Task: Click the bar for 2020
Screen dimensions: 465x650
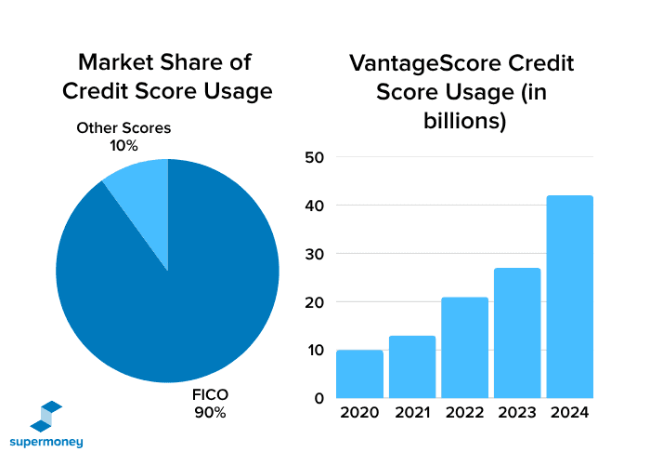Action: click(359, 374)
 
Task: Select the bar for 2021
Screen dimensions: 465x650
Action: click(412, 366)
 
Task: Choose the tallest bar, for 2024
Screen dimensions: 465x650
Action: click(570, 297)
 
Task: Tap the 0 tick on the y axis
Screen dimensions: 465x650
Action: click(318, 398)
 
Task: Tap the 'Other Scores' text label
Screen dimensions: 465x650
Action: click(123, 128)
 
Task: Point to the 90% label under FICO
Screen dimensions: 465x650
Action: click(210, 413)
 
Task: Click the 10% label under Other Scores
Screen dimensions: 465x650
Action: click(123, 145)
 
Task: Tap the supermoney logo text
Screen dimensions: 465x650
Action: click(46, 441)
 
